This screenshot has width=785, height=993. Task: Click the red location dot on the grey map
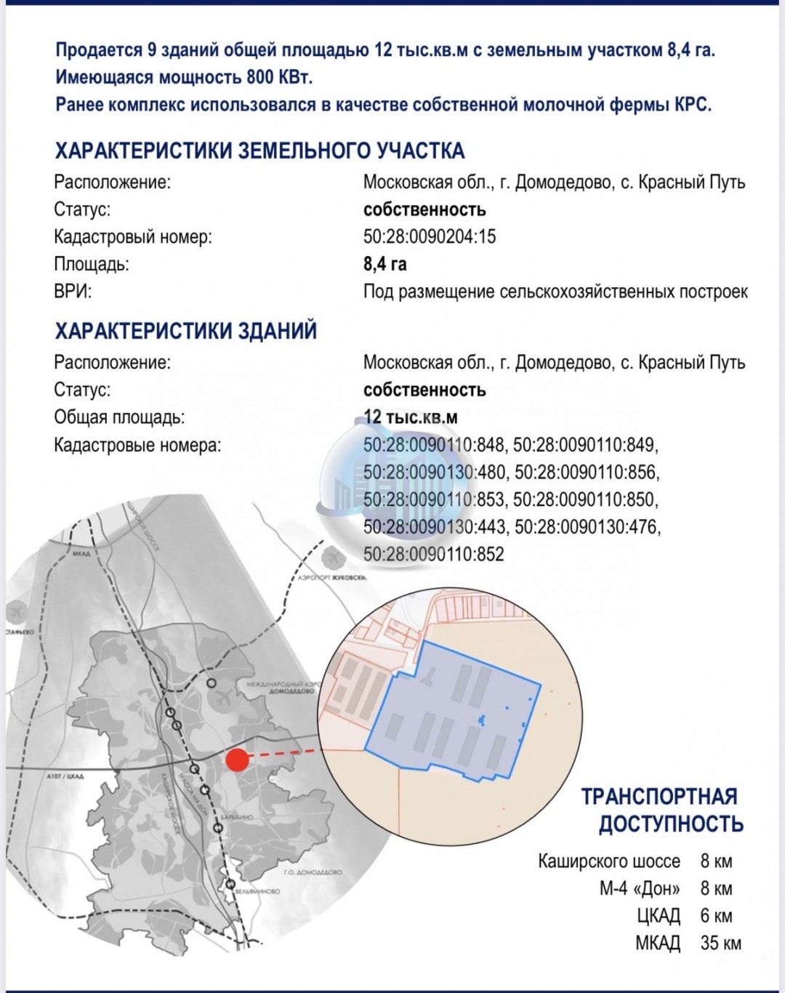[235, 760]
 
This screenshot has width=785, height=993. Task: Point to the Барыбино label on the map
[237, 817]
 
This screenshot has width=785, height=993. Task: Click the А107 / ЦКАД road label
[65, 776]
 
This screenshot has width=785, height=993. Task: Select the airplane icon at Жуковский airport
[332, 557]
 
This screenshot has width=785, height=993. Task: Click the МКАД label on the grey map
[81, 554]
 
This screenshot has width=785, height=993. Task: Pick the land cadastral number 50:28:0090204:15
[430, 236]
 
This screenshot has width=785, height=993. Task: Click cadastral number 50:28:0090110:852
[433, 554]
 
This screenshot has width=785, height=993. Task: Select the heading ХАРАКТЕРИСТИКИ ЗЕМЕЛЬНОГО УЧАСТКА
[259, 150]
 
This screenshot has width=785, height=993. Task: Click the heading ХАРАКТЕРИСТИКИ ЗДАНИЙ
[185, 331]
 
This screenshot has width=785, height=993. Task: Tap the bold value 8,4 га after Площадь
[385, 263]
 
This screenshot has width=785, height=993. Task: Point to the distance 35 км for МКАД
[720, 943]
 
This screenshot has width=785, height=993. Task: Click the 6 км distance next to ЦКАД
[716, 916]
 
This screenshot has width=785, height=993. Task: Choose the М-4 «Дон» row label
[640, 888]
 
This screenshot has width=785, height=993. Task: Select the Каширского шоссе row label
[608, 861]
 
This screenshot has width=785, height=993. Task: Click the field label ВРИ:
[73, 292]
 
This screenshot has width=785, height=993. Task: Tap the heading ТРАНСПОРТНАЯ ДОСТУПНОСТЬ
[661, 810]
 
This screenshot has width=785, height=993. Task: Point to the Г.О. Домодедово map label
[313, 872]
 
